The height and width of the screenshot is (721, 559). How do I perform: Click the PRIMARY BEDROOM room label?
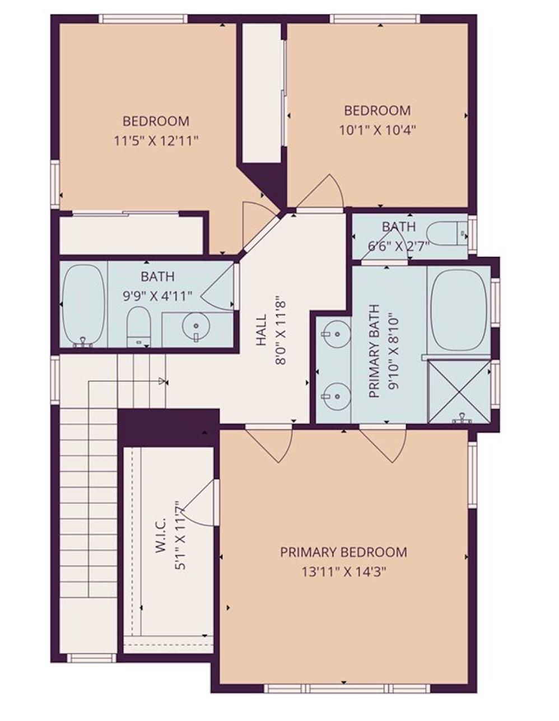(343, 552)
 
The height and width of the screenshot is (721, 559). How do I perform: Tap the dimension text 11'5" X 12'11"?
(156, 141)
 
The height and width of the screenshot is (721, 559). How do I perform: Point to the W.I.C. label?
(160, 536)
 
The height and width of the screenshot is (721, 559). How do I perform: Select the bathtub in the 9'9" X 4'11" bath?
(83, 305)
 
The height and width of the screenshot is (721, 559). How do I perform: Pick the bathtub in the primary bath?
(459, 310)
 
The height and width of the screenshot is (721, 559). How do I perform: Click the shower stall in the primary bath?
(459, 391)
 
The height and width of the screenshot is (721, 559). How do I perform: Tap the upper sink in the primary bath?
(334, 334)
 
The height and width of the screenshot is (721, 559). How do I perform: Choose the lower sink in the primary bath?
(334, 395)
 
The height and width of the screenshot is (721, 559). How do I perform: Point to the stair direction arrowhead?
(162, 381)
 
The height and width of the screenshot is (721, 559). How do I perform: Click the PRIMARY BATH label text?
(375, 351)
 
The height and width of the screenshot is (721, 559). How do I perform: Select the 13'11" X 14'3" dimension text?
(343, 572)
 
